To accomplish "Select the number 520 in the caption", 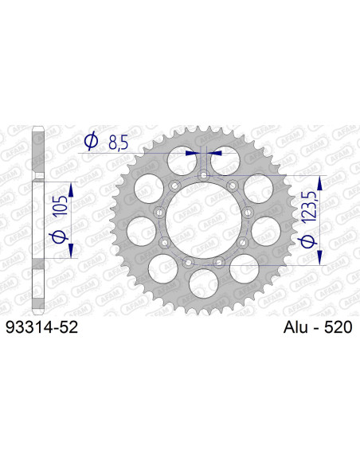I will pos(335,326).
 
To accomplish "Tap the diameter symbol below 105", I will pos(56,238).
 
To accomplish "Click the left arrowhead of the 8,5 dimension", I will pos(192,152).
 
